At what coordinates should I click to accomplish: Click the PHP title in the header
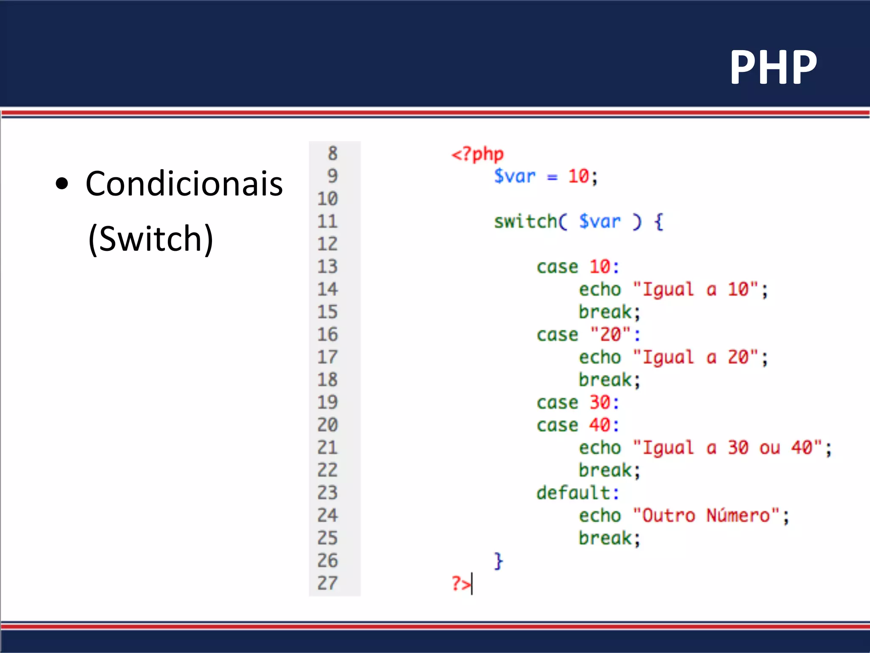[x=773, y=67]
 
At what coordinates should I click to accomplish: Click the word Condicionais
[x=184, y=184]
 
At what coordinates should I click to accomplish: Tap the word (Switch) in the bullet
[x=150, y=239]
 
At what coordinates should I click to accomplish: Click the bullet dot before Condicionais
[x=62, y=184]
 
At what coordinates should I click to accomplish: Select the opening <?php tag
[x=477, y=154]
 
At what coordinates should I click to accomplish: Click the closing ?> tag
[x=461, y=583]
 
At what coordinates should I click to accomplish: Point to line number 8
[x=333, y=153]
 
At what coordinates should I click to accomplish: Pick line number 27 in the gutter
[x=328, y=583]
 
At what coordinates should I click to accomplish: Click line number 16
[x=328, y=334]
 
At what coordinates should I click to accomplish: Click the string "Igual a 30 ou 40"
[x=727, y=448]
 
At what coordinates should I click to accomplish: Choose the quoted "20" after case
[x=610, y=334]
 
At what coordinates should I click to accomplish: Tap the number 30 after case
[x=600, y=402]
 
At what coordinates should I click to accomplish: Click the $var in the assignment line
[x=515, y=176]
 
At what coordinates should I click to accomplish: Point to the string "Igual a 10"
[x=695, y=290]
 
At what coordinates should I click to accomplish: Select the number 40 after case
[x=600, y=425]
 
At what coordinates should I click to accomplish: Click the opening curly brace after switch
[x=658, y=221]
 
